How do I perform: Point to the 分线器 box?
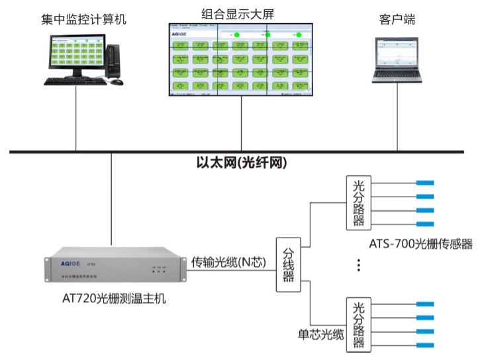288,263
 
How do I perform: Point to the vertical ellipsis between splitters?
358,265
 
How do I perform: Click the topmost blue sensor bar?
424,183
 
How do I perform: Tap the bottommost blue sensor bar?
424,345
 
